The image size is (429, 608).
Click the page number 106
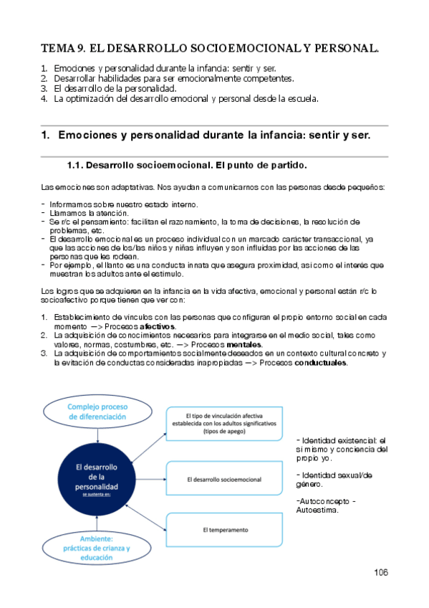[380, 572]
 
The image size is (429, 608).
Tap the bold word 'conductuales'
[320, 363]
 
